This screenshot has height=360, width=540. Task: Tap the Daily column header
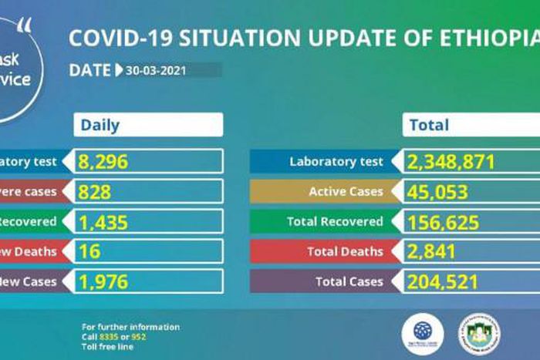click(101, 125)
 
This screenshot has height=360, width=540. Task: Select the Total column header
click(429, 125)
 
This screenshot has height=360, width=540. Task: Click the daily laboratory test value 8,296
click(103, 162)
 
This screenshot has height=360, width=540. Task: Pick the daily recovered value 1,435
click(103, 222)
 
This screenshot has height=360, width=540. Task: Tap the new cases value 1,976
click(103, 281)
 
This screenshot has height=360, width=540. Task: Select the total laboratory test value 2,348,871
click(452, 162)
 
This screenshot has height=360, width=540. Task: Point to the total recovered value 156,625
click(442, 222)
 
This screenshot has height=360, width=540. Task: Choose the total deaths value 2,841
click(432, 251)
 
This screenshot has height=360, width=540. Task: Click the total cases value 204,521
click(442, 281)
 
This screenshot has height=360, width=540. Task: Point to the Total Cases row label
click(349, 281)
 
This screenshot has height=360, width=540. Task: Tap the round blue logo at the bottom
click(423, 331)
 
